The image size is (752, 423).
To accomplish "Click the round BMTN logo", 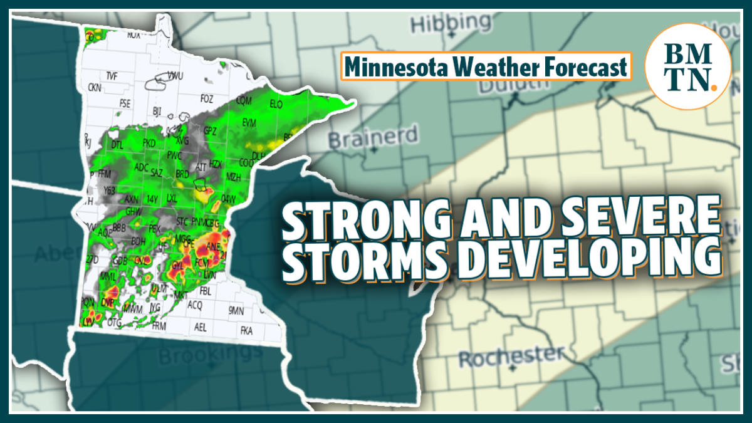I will coord(687,67).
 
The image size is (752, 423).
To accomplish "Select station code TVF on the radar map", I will coord(112,76).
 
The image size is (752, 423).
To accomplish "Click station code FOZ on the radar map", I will coord(207,98).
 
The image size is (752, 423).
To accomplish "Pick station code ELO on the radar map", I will coord(276,105).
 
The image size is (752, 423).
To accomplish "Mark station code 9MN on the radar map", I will coord(236,310).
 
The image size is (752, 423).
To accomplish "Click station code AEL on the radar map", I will coord(201,327).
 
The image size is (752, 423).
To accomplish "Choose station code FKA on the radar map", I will coord(246,330).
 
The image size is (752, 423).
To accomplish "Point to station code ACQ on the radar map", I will coord(196,305).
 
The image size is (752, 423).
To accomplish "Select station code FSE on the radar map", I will coord(125,103).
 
